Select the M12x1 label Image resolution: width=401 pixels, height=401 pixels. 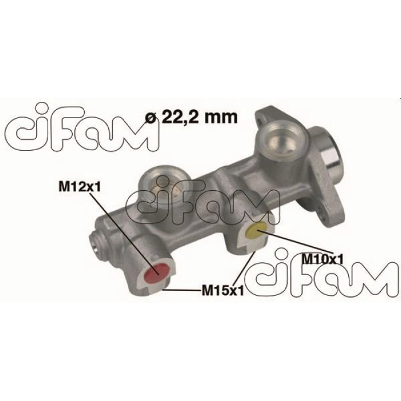tap(80, 187)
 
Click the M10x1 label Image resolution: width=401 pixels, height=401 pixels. tap(322, 260)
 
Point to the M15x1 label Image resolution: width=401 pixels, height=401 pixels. tap(222, 290)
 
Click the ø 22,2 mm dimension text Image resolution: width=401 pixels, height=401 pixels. tap(191, 117)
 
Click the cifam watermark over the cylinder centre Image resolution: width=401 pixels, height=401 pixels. tap(203, 202)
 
